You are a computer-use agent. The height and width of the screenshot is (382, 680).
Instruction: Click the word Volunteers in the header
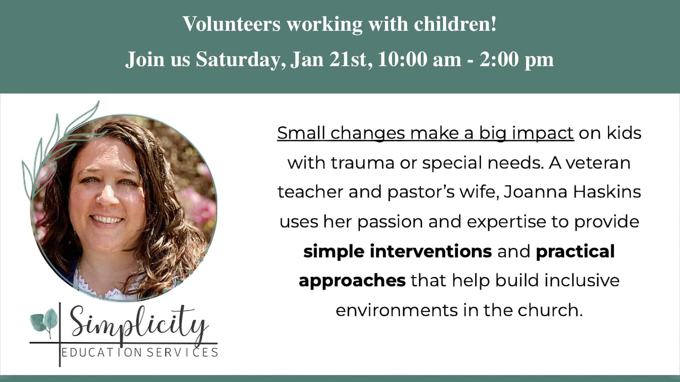[x=231, y=24]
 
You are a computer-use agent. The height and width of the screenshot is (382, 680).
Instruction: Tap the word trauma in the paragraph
[x=363, y=163]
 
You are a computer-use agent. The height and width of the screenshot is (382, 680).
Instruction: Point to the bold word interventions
[x=431, y=251]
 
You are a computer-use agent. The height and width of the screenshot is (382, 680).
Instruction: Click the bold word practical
[x=575, y=251]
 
